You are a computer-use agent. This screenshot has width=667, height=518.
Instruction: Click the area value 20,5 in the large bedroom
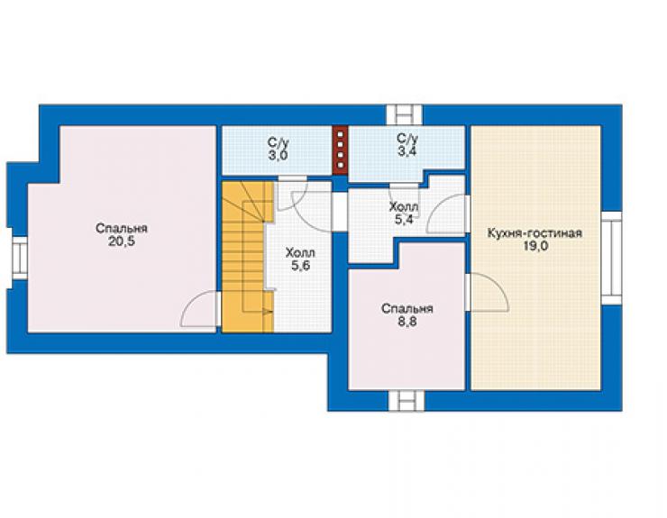pyautogui.click(x=122, y=242)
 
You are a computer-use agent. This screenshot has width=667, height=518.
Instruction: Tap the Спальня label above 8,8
pyautogui.click(x=407, y=308)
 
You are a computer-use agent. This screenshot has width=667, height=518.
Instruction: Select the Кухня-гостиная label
pyautogui.click(x=535, y=233)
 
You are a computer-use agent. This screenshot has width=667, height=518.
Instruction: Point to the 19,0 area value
pyautogui.click(x=535, y=246)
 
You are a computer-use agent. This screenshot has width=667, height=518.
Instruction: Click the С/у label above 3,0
pyautogui.click(x=279, y=141)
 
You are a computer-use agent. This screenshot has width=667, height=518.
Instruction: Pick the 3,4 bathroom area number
pyautogui.click(x=407, y=152)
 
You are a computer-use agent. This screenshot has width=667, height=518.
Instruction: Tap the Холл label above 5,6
pyautogui.click(x=300, y=252)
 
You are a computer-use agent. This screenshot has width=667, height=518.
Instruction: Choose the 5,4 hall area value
pyautogui.click(x=404, y=220)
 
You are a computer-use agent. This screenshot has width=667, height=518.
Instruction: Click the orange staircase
pyautogui.click(x=248, y=258)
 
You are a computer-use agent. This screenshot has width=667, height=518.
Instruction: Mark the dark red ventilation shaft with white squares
pyautogui.click(x=340, y=150)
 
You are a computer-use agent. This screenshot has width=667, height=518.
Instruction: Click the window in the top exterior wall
pyautogui.click(x=405, y=114)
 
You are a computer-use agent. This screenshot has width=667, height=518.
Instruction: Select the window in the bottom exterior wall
pyautogui.click(x=407, y=401)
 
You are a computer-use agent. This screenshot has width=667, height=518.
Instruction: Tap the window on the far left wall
pyautogui.click(x=19, y=259)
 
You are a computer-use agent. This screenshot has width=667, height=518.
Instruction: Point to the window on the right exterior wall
pyautogui.click(x=611, y=258)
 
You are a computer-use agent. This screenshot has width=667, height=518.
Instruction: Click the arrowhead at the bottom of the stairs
pyautogui.click(x=269, y=313)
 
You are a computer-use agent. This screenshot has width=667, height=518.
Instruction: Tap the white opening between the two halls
pyautogui.click(x=340, y=212)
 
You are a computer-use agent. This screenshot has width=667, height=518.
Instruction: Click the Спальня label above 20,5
pyautogui.click(x=122, y=229)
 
